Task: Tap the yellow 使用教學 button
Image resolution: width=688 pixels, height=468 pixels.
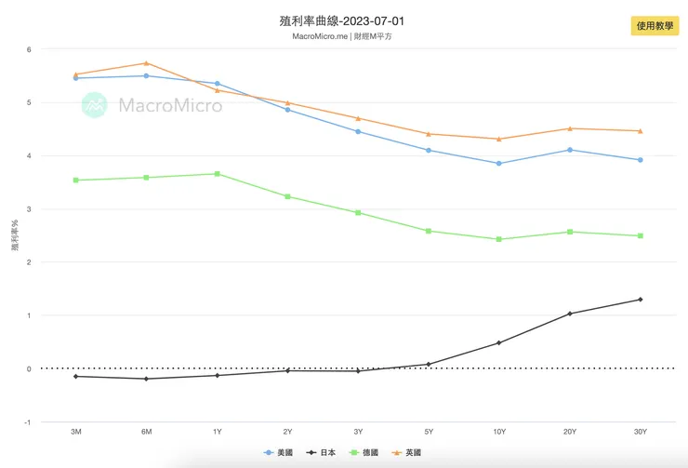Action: [655, 26]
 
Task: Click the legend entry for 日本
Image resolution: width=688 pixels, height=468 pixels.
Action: [322, 452]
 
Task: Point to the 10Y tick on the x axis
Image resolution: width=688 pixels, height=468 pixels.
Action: [499, 432]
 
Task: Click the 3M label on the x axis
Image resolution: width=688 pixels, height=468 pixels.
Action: [76, 432]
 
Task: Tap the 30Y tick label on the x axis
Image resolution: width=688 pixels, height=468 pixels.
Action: [640, 432]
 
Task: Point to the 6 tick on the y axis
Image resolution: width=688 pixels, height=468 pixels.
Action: [29, 49]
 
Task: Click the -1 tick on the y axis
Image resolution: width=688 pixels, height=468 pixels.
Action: [28, 422]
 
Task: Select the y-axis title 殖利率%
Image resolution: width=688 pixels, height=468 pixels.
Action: [14, 235]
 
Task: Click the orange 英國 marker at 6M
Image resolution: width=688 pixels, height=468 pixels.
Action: [147, 63]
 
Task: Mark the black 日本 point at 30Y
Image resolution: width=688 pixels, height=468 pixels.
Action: [640, 300]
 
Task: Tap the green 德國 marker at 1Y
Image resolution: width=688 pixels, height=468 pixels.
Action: [217, 174]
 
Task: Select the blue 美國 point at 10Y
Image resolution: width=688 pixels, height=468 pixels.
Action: [499, 164]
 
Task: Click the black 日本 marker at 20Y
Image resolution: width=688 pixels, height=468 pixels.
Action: [570, 314]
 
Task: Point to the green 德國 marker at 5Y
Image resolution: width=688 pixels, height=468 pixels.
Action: [429, 231]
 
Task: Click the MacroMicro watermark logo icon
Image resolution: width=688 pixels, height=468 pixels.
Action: [95, 105]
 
